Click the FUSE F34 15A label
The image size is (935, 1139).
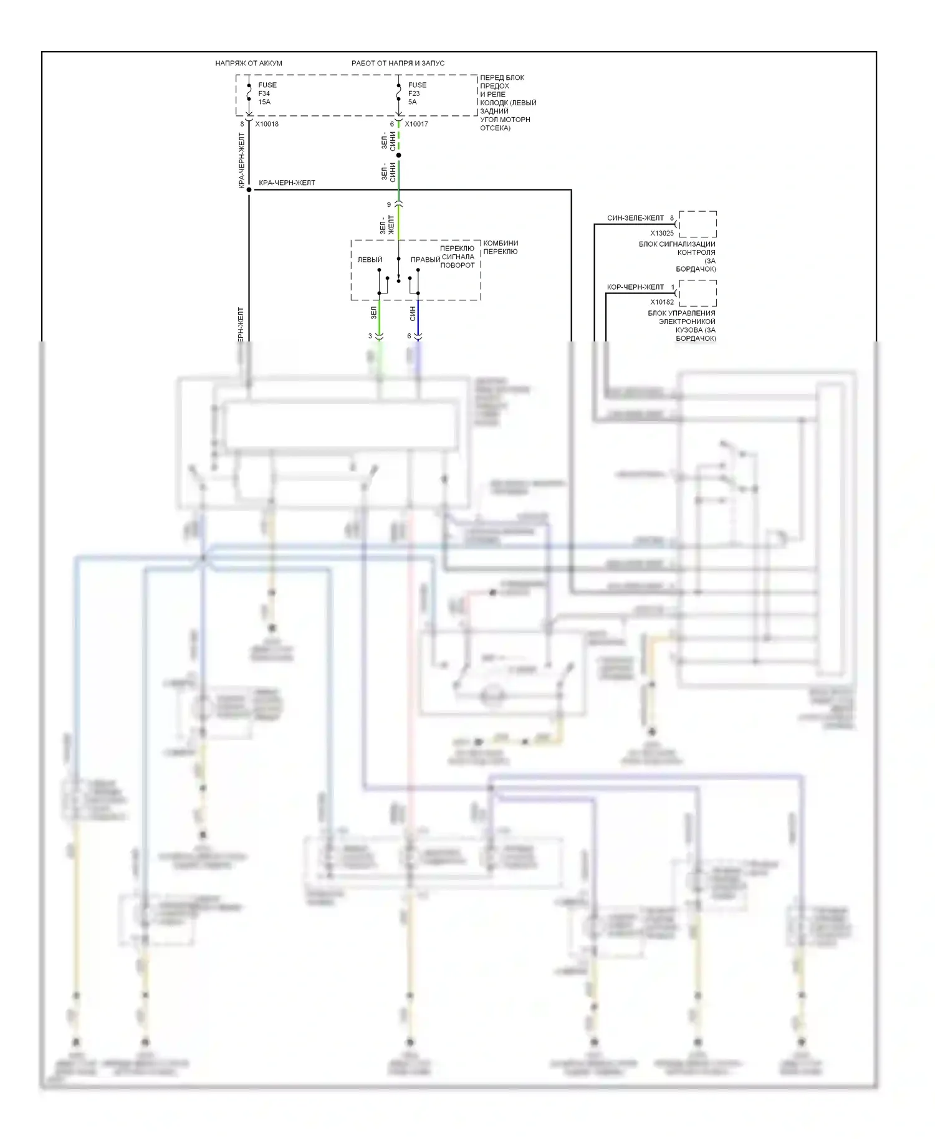267,93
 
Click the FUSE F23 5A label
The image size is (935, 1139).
417,93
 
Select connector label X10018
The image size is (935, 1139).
267,124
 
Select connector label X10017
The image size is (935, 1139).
416,124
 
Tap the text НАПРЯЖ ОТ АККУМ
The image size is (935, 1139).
249,63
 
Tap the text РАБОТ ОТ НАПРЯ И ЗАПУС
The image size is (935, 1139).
398,63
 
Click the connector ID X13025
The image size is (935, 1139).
662,233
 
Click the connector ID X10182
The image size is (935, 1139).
662,302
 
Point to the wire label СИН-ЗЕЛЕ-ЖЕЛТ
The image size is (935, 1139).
635,218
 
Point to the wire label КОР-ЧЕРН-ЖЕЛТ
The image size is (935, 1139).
635,287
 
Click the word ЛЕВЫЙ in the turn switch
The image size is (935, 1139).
370,260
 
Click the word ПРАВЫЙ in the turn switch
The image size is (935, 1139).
425,260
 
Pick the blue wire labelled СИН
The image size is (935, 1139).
418,318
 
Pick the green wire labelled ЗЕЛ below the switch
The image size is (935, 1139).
380,318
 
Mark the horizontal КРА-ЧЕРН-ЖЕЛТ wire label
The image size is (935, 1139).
287,183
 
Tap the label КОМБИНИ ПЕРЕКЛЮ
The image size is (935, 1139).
501,247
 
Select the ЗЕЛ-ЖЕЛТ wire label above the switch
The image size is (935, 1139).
387,225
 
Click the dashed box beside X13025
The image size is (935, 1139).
698,224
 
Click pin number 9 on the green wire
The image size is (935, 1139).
389,204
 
